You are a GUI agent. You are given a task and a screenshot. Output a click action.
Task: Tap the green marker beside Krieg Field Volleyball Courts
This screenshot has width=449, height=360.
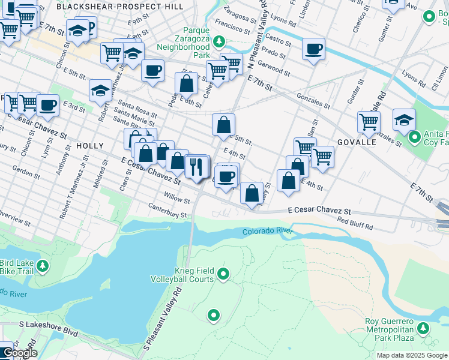pyautogui.click(x=224, y=275)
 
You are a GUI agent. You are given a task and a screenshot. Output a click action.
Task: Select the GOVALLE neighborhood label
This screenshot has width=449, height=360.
pyautogui.click(x=357, y=142)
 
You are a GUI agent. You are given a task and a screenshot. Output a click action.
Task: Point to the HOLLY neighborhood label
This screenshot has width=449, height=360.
pyautogui.click(x=91, y=146)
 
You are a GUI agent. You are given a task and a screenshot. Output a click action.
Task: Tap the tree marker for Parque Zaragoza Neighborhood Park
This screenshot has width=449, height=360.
pyautogui.click(x=220, y=41)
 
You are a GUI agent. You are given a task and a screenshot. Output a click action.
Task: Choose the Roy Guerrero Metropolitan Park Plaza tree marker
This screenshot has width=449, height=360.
pyautogui.click(x=424, y=328)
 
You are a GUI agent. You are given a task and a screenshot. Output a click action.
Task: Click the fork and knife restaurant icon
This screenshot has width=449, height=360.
pyautogui.click(x=196, y=166)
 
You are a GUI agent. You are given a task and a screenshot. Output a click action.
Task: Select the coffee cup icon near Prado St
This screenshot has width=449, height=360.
pyautogui.click(x=313, y=49)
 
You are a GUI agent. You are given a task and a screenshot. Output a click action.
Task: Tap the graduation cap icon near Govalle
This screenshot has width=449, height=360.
pyautogui.click(x=405, y=119)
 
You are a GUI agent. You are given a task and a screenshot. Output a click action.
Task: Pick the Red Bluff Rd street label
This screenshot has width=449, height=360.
pyautogui.click(x=355, y=224)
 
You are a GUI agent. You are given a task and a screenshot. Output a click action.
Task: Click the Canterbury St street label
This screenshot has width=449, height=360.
pyautogui.click(x=168, y=211)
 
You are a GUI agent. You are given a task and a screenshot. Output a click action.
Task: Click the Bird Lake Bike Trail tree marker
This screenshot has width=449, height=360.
pyautogui.click(x=42, y=266)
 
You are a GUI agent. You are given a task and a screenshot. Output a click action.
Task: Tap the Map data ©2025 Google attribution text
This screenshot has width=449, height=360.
pyautogui.click(x=412, y=355)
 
